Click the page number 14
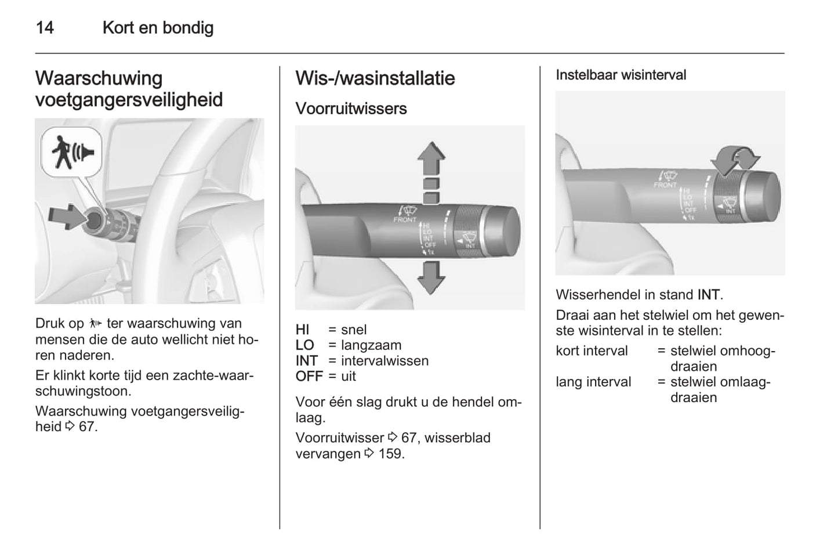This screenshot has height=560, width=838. point(45,28)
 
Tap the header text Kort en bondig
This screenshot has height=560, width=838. point(158,28)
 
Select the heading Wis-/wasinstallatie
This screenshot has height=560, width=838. point(375,78)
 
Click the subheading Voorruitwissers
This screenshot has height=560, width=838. point(351,109)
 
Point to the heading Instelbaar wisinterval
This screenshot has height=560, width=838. point(621,75)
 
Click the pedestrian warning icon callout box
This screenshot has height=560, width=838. point(72,152)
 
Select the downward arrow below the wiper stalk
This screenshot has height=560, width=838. point(431,276)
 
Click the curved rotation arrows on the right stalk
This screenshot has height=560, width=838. point(735,159)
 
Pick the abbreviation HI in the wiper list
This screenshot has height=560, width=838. point(303,330)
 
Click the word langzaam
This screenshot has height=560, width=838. point(371,345)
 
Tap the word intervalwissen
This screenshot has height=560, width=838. point(384,361)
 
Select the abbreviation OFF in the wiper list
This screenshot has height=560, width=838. point(309,377)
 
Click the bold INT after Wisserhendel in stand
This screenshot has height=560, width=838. point(709,295)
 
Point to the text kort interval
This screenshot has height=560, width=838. point(592,351)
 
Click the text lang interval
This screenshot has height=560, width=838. point(593,382)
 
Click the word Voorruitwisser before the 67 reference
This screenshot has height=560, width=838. point(339,438)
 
